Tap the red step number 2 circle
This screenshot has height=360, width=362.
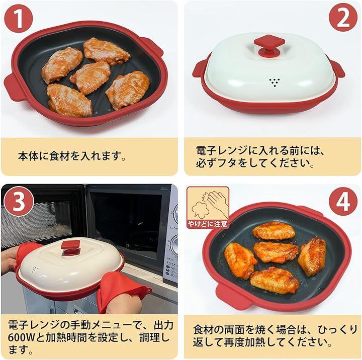pos(343,18)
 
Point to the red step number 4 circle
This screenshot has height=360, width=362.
pos(343,201)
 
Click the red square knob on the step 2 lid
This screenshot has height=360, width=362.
pos(269,45)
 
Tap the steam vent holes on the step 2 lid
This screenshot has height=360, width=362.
pos(275,82)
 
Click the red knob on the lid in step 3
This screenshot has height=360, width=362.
pos(71,247)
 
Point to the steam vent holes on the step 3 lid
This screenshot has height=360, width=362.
pos(35,269)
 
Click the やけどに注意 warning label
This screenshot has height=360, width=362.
pos(208,224)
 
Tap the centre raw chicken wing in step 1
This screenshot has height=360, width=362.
pos(90,77)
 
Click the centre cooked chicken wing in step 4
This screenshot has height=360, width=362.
pos(276,252)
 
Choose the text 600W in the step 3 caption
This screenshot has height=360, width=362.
pos(21,337)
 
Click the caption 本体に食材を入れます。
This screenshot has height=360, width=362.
pos(71,156)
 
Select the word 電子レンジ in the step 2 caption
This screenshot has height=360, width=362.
pos(222,150)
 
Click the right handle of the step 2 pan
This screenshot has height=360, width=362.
pos(336,68)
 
